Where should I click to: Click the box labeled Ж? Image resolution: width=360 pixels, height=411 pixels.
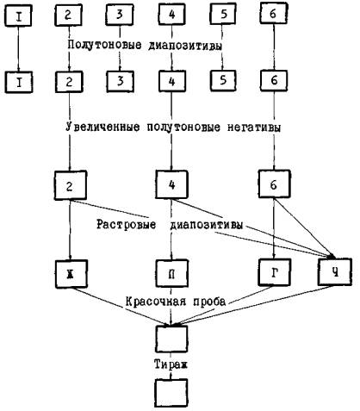(x=71, y=274)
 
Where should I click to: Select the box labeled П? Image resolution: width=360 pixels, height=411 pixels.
(x=171, y=274)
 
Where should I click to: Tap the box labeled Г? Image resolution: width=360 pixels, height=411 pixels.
(x=274, y=272)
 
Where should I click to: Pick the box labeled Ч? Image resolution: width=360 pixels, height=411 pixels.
(x=335, y=271)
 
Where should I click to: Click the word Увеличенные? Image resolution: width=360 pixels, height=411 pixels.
(x=102, y=127)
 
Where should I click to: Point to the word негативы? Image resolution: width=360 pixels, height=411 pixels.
(x=254, y=128)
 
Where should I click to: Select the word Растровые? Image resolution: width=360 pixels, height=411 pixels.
(x=126, y=224)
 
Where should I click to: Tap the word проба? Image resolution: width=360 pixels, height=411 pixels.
(x=209, y=302)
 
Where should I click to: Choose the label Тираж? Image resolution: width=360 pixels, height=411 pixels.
(x=171, y=364)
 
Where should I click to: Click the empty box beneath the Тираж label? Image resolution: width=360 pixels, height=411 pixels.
(x=171, y=393)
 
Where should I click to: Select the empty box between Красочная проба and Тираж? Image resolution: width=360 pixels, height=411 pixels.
(x=171, y=339)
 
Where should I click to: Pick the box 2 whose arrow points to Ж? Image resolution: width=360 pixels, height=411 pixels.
(x=71, y=185)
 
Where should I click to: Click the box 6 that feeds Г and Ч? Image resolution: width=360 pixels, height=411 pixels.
(x=274, y=184)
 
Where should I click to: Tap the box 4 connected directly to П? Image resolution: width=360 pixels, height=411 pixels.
(x=171, y=184)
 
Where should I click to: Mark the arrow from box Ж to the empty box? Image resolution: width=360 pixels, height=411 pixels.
(x=121, y=307)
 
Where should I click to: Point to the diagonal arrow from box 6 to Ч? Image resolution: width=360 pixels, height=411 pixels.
(x=304, y=227)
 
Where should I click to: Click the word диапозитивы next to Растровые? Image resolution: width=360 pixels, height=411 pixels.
(x=207, y=225)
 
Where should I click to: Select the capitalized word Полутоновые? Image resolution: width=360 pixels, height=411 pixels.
(x=104, y=45)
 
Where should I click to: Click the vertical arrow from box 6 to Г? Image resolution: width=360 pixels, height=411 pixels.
(x=274, y=228)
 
